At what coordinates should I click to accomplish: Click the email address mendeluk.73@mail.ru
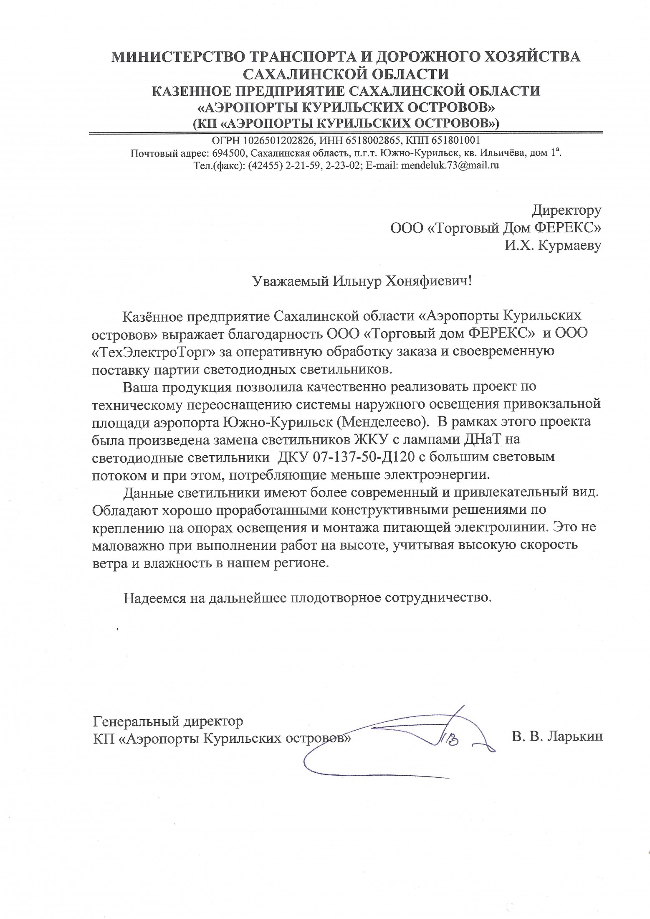tap(449, 165)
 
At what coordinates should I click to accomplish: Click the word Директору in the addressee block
tap(566, 211)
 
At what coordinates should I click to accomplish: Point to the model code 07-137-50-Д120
tap(363, 457)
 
